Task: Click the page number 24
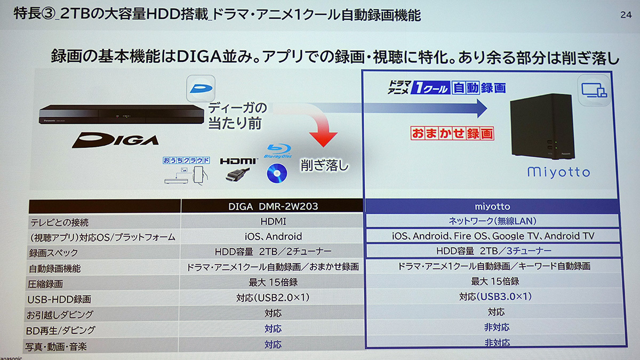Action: click(626, 14)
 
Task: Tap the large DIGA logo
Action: click(115, 140)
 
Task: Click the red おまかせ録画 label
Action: click(452, 133)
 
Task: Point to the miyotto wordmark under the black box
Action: click(558, 172)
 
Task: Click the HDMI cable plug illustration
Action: click(237, 174)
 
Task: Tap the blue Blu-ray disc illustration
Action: click(277, 173)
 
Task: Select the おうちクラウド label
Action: click(186, 161)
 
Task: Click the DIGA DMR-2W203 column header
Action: click(273, 206)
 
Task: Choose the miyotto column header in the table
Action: click(492, 206)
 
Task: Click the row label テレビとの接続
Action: click(59, 222)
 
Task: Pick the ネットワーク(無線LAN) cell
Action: click(492, 221)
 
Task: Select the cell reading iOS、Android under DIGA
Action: click(273, 236)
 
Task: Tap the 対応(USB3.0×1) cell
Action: click(495, 297)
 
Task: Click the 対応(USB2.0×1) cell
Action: click(273, 298)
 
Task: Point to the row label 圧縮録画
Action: click(45, 284)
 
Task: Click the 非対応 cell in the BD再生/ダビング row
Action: click(497, 327)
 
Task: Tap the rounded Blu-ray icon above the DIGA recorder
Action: click(201, 89)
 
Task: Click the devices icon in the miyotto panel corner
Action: click(594, 90)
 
